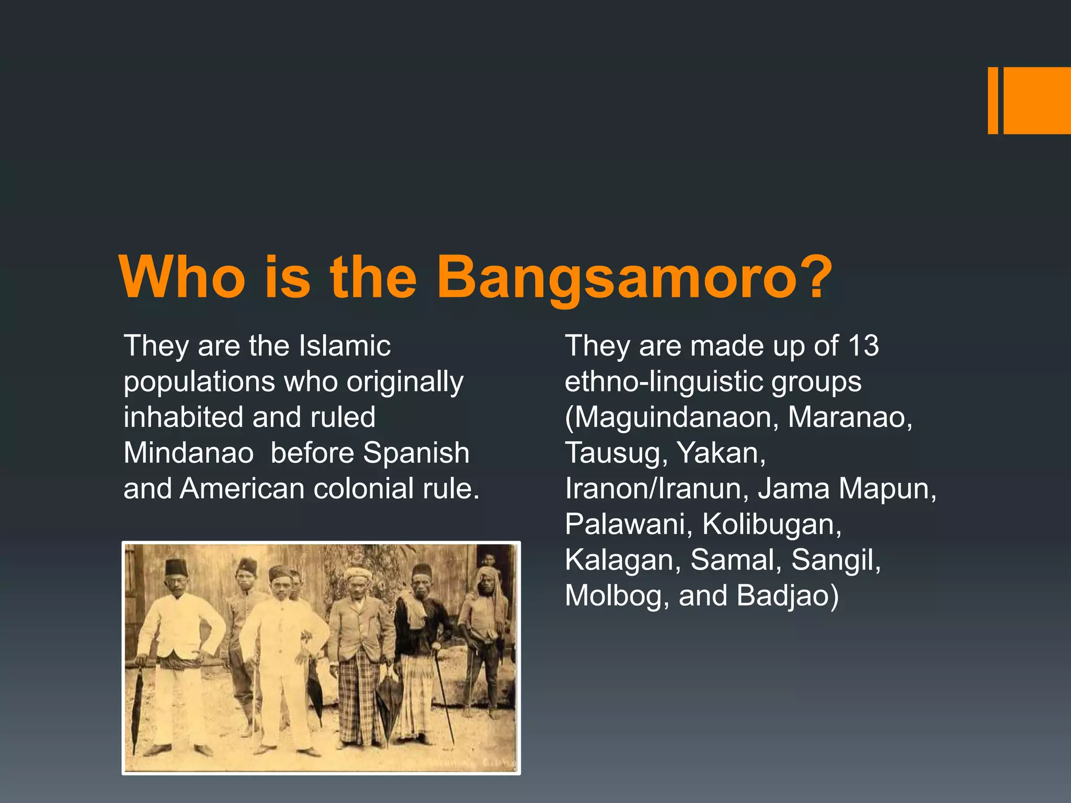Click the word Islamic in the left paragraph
345,346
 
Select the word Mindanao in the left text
188,453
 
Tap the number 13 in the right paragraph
863,346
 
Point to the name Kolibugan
772,524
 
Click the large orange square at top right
1036,100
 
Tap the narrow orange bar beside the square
993,100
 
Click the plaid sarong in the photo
361,701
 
